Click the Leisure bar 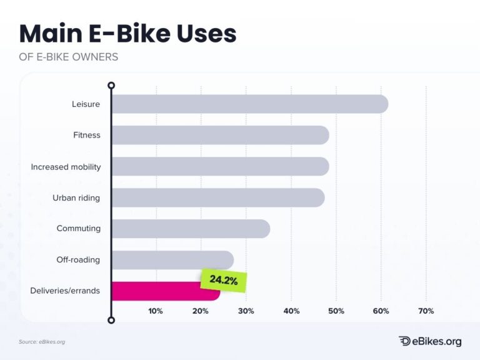249,104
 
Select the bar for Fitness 220,135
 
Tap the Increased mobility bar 220,166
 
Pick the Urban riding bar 218,197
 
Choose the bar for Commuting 191,229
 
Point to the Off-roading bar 172,260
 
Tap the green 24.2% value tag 223,281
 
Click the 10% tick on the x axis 156,311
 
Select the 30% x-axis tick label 246,311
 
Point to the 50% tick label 336,311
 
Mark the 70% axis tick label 426,311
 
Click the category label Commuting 78,229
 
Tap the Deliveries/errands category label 65,291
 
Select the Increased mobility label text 66,167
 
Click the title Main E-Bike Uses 128,33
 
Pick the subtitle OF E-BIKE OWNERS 69,57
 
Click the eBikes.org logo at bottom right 430,341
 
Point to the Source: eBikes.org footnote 42,342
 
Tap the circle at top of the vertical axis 111,85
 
